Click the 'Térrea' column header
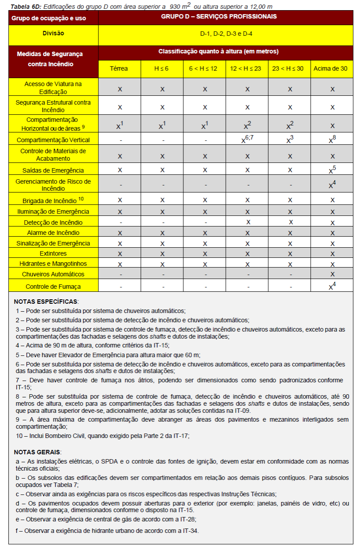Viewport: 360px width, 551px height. click(119, 68)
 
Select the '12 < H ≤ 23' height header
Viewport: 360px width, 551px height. click(247, 68)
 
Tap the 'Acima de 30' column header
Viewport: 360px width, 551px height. click(332, 68)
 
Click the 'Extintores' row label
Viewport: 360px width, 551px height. click(53, 253)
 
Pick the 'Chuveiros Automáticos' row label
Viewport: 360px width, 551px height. click(53, 274)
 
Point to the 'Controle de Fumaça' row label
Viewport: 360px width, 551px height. click(53, 287)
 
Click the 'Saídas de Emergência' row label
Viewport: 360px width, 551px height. click(53, 170)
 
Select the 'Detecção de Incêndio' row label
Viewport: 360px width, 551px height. click(53, 223)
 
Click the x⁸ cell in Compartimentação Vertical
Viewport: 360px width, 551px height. click(332, 140)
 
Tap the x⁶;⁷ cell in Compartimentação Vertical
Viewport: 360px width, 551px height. click(247, 140)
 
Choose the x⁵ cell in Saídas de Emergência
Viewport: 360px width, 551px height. click(332, 170)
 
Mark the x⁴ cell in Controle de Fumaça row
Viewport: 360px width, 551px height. click(332, 286)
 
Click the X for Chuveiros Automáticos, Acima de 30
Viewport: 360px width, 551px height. click(332, 274)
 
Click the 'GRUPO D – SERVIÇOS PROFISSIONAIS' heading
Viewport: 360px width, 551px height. click(225, 17)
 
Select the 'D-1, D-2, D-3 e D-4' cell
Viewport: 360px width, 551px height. click(226, 34)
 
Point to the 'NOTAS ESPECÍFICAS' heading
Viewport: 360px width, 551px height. click(45, 302)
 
